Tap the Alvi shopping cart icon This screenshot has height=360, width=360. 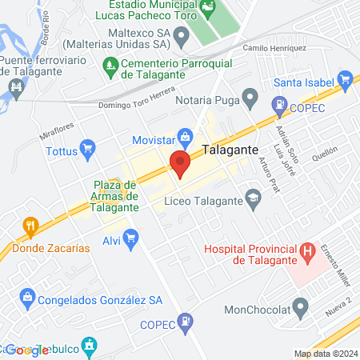pyautogui.click(x=131, y=238)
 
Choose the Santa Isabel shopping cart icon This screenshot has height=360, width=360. pyautogui.click(x=346, y=79)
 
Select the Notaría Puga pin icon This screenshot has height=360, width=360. pyautogui.click(x=250, y=101)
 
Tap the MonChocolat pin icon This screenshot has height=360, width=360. pyautogui.click(x=301, y=306)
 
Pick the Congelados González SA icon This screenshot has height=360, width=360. pyautogui.click(x=27, y=300)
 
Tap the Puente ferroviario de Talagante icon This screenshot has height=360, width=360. pyautogui.click(x=14, y=86)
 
